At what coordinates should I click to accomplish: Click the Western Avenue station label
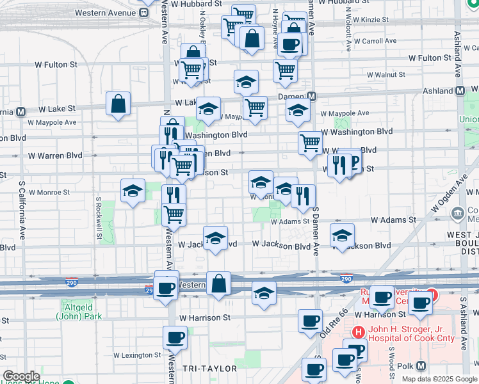tap(106, 13)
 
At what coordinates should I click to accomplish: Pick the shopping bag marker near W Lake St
tap(118, 104)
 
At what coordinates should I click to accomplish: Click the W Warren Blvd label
tap(56, 156)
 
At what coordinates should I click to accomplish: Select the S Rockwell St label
tap(99, 218)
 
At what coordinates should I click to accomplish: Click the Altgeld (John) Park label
tap(76, 311)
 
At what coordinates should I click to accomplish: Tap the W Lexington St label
tap(137, 355)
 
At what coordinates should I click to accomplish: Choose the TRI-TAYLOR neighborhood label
tap(209, 369)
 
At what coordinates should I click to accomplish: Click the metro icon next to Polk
tap(421, 366)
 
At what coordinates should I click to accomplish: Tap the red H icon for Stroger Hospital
tap(358, 332)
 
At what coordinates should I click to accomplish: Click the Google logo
tap(22, 376)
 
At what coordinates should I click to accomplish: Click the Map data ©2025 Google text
tap(439, 379)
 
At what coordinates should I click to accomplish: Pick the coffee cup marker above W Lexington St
tap(175, 336)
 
